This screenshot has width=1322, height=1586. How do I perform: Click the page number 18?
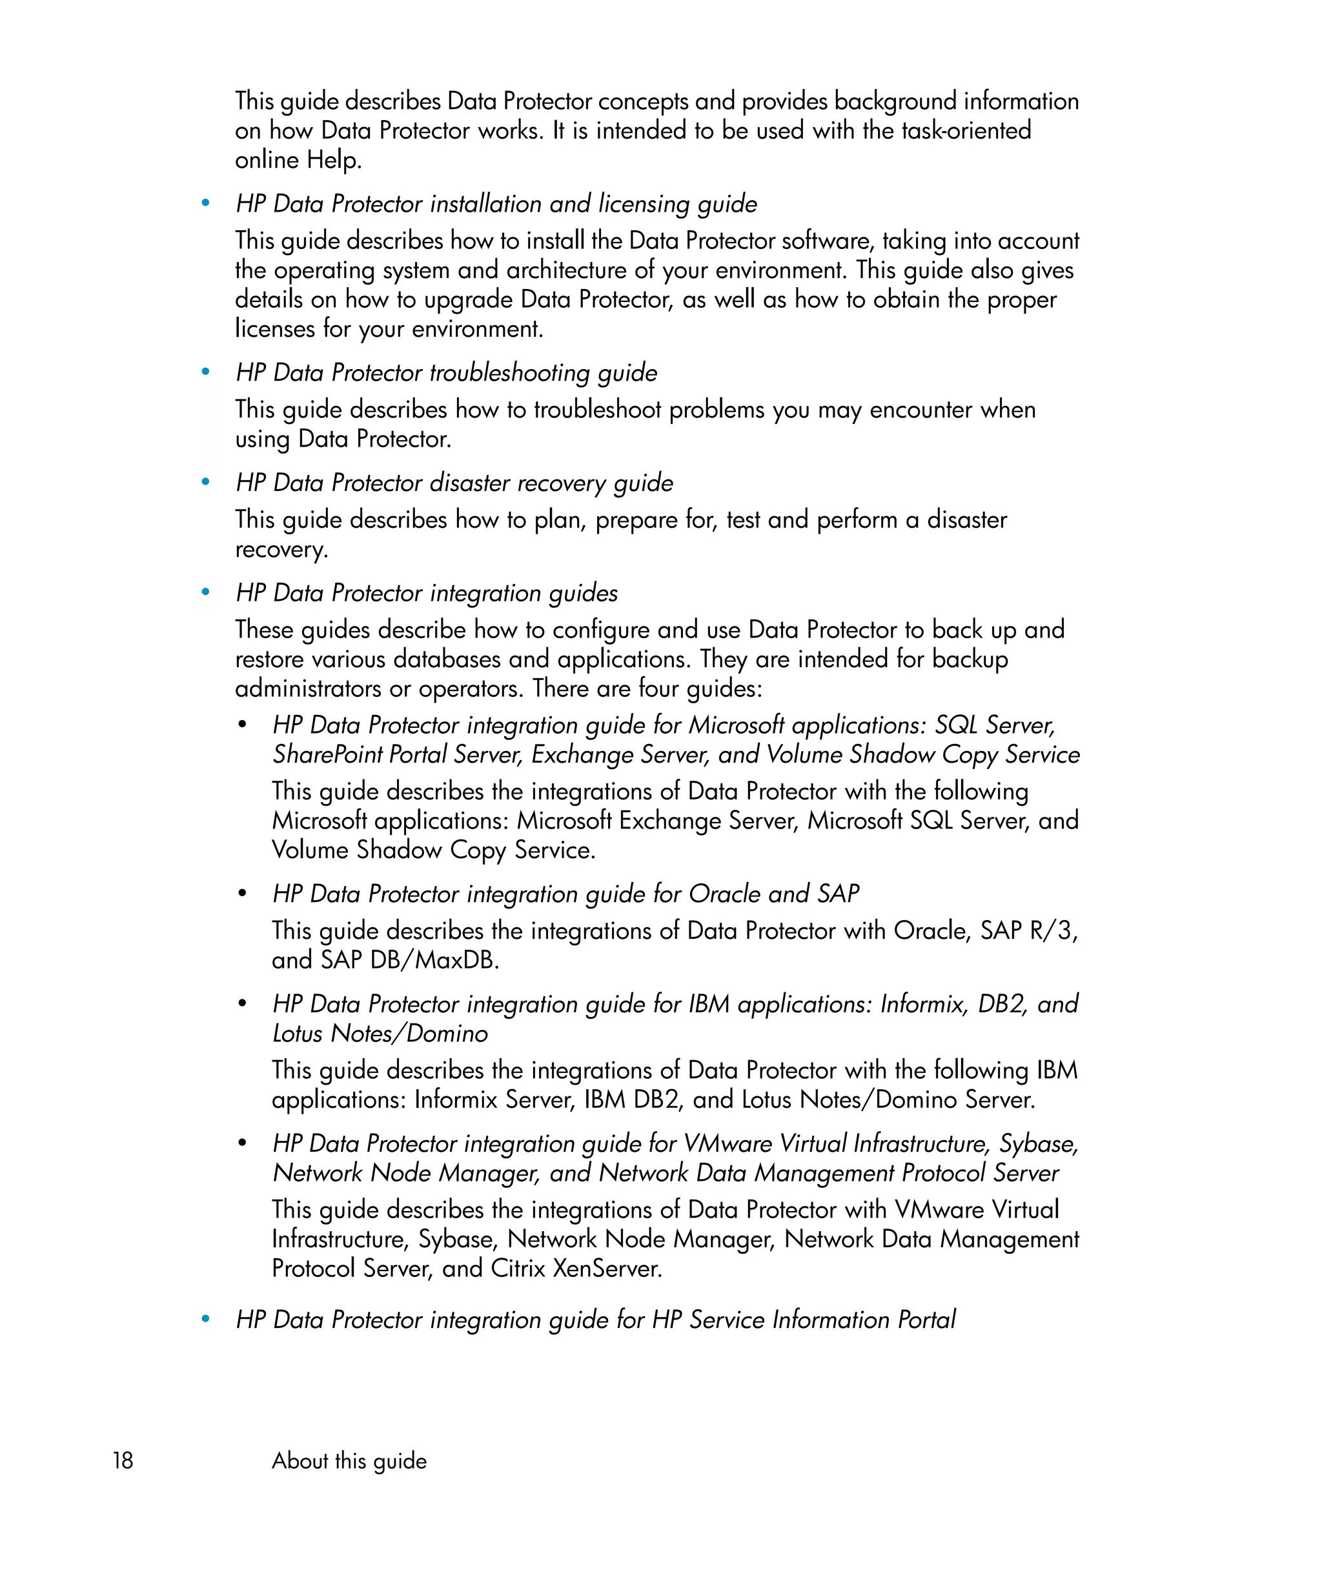(123, 1460)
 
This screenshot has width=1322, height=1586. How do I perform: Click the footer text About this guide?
(349, 1461)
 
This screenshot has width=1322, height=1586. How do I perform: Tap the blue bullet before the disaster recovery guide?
(205, 482)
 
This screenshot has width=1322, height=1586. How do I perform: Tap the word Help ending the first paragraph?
(332, 159)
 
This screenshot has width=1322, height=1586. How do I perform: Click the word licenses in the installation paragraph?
(275, 328)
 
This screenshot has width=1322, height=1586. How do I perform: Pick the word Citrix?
(518, 1268)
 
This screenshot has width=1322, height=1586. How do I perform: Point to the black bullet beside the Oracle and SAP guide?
(241, 894)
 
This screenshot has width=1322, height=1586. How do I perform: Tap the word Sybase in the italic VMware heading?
(1038, 1143)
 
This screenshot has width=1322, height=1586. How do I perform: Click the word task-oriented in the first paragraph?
(966, 130)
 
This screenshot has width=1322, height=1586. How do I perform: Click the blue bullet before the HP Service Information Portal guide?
(205, 1319)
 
